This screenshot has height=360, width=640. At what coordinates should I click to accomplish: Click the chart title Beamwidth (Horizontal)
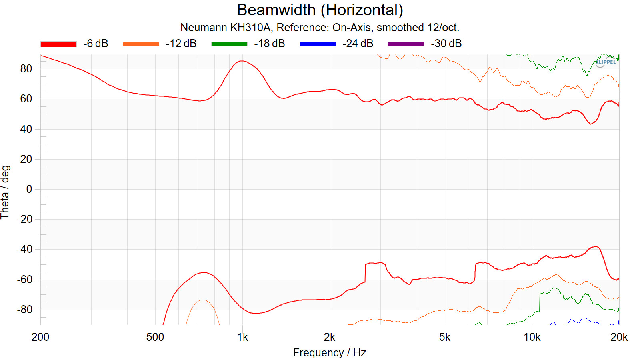point(320,10)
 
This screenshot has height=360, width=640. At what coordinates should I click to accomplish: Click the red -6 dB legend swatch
point(58,44)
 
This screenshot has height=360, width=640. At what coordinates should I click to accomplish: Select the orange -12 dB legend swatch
point(141,44)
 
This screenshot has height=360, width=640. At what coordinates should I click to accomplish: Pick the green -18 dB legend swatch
point(229,44)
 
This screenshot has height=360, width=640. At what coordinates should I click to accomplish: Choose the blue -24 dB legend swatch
point(318,44)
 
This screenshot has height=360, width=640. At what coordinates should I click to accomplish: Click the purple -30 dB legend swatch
point(406,44)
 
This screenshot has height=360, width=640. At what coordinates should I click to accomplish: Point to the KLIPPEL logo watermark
point(605,62)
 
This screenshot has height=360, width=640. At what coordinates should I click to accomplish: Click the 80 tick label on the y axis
point(26,69)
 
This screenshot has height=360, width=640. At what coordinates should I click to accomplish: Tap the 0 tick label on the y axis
point(29,189)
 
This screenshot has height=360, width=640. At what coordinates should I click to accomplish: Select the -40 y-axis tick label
point(24,249)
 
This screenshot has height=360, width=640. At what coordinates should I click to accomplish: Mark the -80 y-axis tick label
point(24,310)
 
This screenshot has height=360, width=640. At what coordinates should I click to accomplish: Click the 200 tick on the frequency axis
point(40,337)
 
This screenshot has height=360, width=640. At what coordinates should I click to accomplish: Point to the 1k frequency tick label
point(242,337)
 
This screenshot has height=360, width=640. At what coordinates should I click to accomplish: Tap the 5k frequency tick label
point(444,337)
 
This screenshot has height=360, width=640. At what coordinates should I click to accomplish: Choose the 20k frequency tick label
point(619,337)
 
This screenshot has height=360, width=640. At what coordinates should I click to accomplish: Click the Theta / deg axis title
point(5,192)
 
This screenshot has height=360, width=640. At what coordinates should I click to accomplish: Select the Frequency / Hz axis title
point(329,353)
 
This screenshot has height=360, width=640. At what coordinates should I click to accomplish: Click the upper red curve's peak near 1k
point(242,61)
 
